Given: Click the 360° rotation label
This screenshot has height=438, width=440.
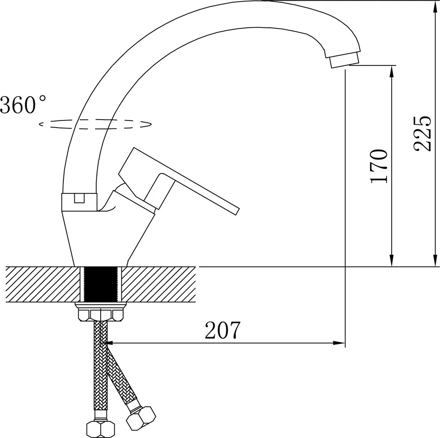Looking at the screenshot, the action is [23, 104].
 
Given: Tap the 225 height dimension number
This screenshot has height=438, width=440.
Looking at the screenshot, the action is [422, 133].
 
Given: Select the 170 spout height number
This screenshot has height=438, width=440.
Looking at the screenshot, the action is [379, 166].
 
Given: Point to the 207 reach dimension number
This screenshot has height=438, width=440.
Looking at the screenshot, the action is [223, 330].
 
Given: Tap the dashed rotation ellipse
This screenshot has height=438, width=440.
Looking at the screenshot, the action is [95, 124].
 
